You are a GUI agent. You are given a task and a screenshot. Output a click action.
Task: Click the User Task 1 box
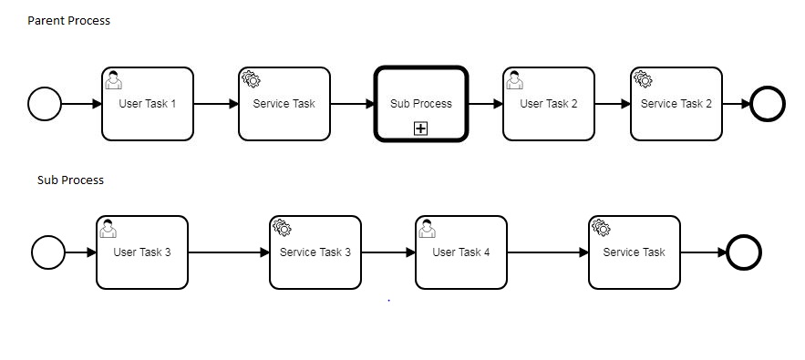pyautogui.click(x=148, y=104)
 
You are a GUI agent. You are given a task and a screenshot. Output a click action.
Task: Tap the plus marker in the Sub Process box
pyautogui.click(x=420, y=129)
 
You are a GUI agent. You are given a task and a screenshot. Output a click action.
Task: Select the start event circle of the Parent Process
pyautogui.click(x=45, y=104)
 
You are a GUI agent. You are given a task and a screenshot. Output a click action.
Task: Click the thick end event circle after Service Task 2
pyautogui.click(x=768, y=104)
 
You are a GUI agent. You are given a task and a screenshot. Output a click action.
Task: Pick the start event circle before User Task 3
pyautogui.click(x=48, y=252)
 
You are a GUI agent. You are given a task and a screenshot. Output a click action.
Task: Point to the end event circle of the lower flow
pyautogui.click(x=744, y=252)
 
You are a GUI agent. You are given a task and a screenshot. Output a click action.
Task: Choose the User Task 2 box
pyautogui.click(x=549, y=104)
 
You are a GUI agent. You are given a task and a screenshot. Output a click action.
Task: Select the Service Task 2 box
pyautogui.click(x=676, y=104)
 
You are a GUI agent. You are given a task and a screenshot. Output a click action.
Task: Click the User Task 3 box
pyautogui.click(x=142, y=252)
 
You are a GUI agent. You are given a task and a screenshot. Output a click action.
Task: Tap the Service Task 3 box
pyautogui.click(x=315, y=252)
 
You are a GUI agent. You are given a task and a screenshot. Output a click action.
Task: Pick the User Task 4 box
pyautogui.click(x=461, y=252)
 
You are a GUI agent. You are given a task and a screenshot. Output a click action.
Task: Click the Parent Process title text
pyautogui.click(x=68, y=21)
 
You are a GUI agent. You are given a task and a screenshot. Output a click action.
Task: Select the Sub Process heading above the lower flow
pyautogui.click(x=71, y=180)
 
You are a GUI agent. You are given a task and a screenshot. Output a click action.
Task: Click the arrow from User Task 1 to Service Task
pyautogui.click(x=216, y=104)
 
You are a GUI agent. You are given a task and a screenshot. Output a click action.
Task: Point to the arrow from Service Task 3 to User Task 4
pyautogui.click(x=388, y=252)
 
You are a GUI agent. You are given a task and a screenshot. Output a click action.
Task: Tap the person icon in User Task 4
pyautogui.click(x=428, y=229)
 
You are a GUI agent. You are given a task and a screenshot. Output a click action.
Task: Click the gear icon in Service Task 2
pyautogui.click(x=643, y=79)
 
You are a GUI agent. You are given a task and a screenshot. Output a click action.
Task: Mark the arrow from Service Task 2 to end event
pyautogui.click(x=737, y=104)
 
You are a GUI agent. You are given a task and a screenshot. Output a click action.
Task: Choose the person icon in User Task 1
pyautogui.click(x=113, y=80)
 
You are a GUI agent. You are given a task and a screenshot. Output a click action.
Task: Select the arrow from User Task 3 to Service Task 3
pyautogui.click(x=229, y=252)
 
